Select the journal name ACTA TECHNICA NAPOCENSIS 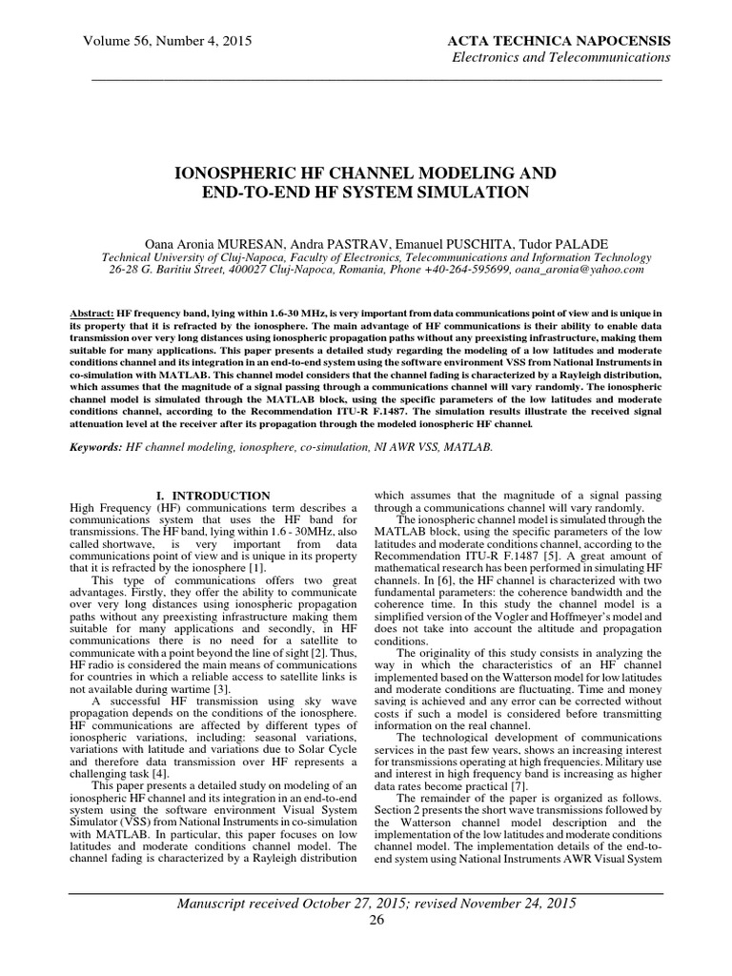click(x=559, y=41)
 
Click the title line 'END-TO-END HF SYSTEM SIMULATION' click(x=365, y=193)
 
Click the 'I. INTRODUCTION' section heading click(x=213, y=496)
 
